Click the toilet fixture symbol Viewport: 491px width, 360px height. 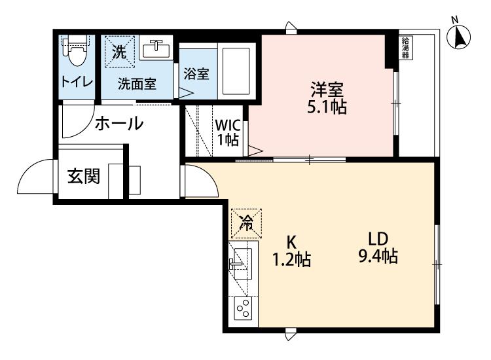(76, 50)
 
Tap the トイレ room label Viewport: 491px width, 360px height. (77, 82)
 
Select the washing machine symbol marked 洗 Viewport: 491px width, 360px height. (120, 52)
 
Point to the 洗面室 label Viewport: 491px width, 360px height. (137, 84)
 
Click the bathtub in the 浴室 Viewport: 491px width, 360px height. (236, 71)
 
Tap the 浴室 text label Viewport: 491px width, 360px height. (196, 74)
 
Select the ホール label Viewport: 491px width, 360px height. (119, 123)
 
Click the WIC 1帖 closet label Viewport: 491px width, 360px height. (228, 132)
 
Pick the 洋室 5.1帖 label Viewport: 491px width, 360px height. (327, 98)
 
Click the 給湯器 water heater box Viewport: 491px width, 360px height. (406, 48)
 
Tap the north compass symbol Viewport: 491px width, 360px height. (459, 36)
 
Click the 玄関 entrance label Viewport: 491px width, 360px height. (84, 176)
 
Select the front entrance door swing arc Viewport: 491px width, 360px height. (29, 169)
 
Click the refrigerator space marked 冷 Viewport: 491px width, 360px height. (246, 223)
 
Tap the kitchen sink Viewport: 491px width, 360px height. (242, 264)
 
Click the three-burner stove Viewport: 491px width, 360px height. (244, 308)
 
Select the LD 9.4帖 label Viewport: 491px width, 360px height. (378, 247)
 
